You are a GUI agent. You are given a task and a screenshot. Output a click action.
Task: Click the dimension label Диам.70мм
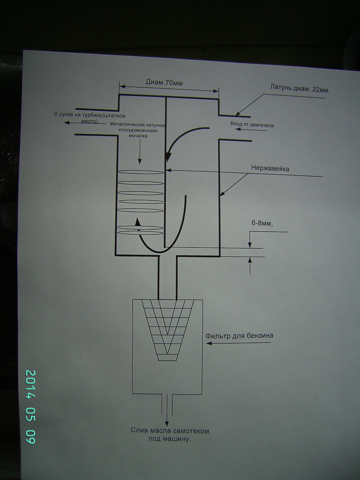[164, 83]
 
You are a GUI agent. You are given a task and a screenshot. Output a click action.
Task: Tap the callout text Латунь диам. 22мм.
[300, 88]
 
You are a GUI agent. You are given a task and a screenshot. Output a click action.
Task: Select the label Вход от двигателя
[252, 124]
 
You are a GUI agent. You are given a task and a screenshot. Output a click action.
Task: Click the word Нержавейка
[270, 169]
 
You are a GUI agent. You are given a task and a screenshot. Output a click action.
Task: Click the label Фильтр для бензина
[239, 336]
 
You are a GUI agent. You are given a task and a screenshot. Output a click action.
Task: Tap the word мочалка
[138, 136]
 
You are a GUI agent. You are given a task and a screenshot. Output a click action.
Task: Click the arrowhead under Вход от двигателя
[238, 129]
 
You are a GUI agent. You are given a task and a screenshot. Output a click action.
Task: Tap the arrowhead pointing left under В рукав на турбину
[66, 123]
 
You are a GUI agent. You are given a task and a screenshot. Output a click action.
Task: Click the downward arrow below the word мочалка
[139, 153]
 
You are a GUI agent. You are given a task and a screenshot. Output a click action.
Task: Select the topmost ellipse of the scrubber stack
[140, 172]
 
